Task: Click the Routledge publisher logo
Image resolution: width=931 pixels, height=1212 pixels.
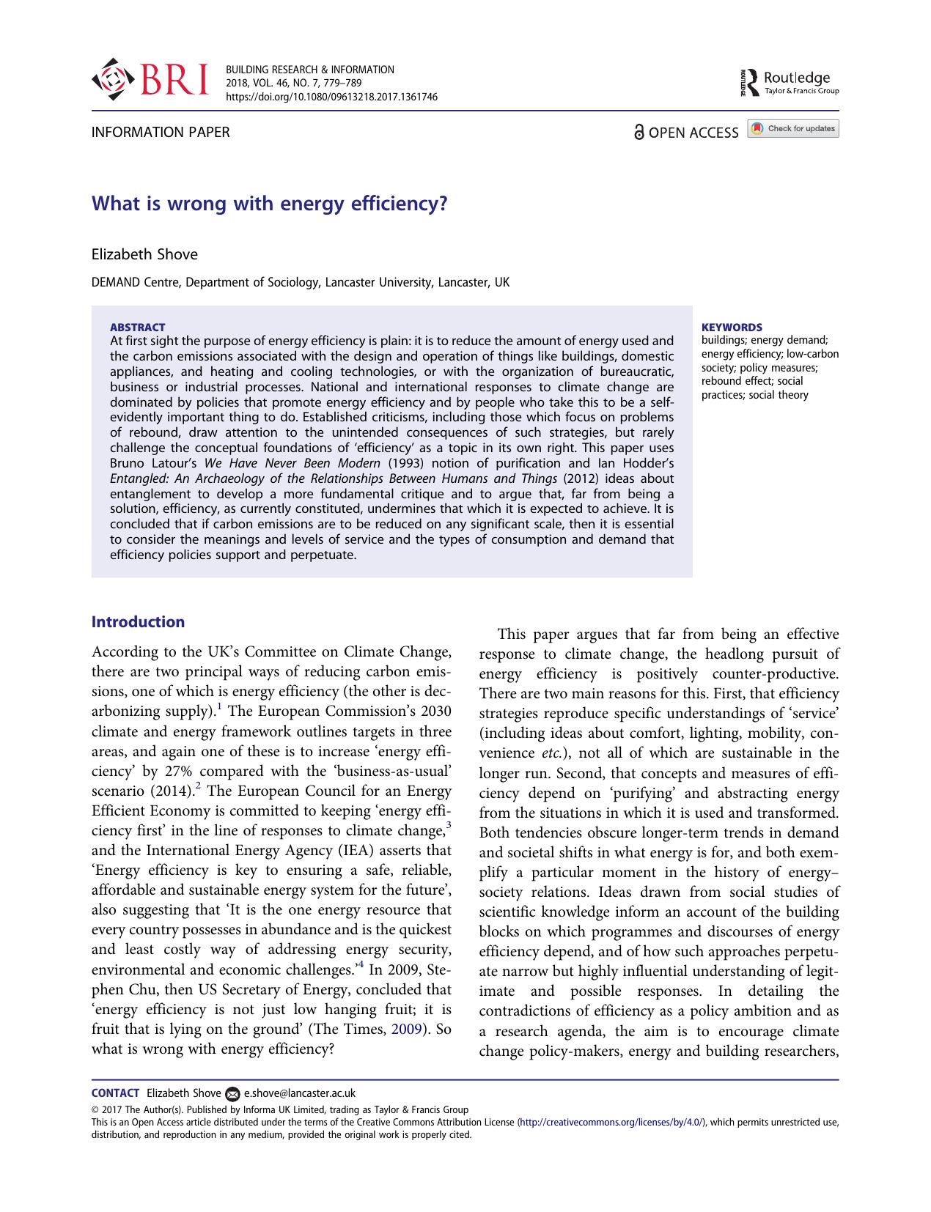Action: pyautogui.click(x=790, y=82)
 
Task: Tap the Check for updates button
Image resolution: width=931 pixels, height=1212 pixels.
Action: pyautogui.click(x=793, y=129)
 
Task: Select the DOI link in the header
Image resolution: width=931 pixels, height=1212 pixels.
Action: pyautogui.click(x=331, y=96)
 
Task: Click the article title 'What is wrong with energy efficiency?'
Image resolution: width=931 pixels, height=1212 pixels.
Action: pyautogui.click(x=269, y=203)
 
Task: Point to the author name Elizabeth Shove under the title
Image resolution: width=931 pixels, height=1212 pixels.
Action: pyautogui.click(x=144, y=254)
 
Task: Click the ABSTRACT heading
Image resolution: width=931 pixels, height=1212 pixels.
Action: pyautogui.click(x=137, y=327)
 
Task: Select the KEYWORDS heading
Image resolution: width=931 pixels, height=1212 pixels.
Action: pyautogui.click(x=732, y=327)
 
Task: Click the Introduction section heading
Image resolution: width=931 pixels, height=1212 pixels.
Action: pyautogui.click(x=138, y=622)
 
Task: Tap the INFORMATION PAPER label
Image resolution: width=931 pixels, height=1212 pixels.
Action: pyautogui.click(x=160, y=133)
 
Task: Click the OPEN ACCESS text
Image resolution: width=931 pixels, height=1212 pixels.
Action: pyautogui.click(x=693, y=133)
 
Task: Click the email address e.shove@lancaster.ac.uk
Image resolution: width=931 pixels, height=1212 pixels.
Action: pyautogui.click(x=299, y=1093)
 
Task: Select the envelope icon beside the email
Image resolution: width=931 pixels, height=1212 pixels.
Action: pyautogui.click(x=232, y=1093)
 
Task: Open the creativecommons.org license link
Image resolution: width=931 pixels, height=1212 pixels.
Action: pyautogui.click(x=612, y=1122)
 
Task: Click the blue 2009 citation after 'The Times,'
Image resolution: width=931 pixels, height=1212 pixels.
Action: pyautogui.click(x=407, y=1029)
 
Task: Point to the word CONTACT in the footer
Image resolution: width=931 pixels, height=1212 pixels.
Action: pyautogui.click(x=115, y=1093)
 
